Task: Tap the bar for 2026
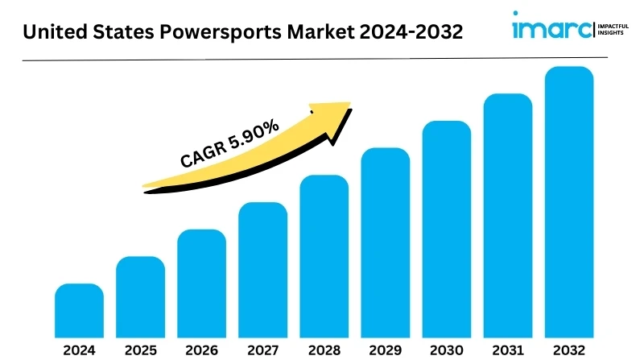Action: pos(201,283)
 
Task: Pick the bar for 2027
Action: pos(262,269)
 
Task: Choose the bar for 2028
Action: pos(324,255)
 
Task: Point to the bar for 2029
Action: pos(385,242)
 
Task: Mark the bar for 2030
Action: pos(446,228)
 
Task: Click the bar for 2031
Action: pos(507,215)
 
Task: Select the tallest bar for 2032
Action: pos(568,201)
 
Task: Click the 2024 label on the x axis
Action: pos(79,350)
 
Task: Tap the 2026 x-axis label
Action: pos(201,350)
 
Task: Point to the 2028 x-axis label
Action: pos(324,350)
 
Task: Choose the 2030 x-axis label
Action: pos(446,350)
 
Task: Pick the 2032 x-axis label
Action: pos(568,350)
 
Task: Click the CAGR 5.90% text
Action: pos(229,143)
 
